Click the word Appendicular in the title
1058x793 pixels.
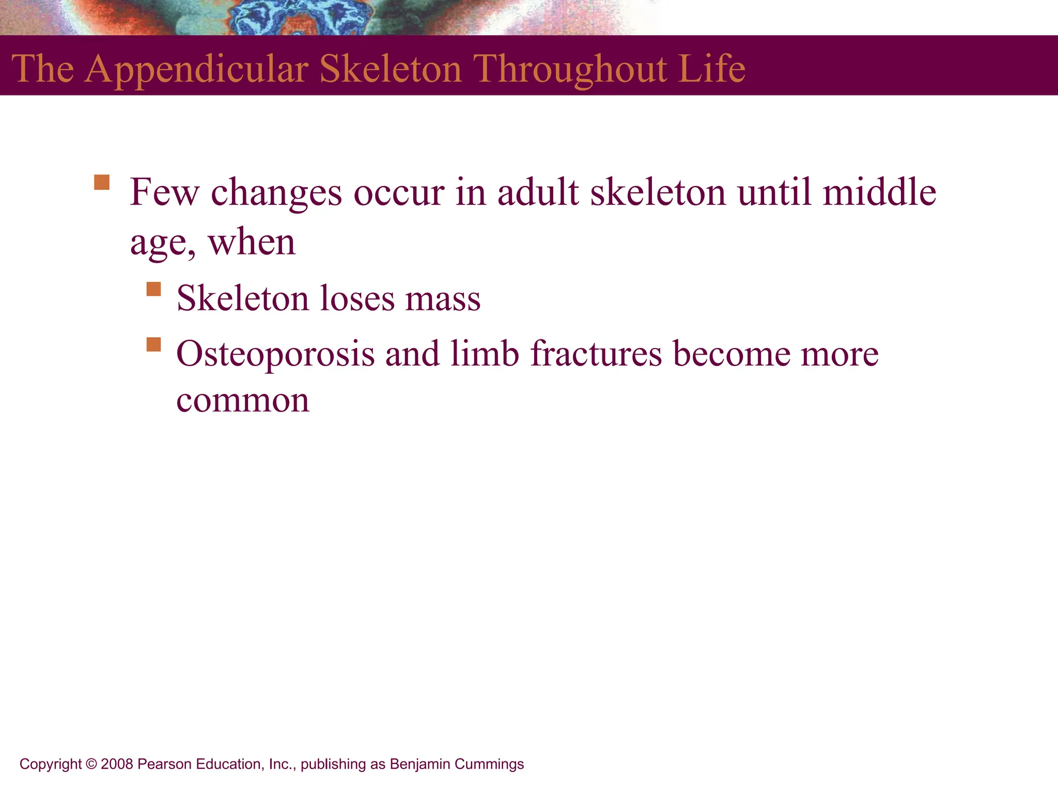point(196,70)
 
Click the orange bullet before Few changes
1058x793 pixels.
point(102,183)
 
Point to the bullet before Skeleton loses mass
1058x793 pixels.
point(153,289)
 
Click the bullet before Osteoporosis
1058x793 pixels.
point(153,344)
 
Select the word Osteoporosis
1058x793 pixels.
point(275,355)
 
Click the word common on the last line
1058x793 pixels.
point(243,401)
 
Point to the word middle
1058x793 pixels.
point(879,192)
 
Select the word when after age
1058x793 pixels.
point(252,242)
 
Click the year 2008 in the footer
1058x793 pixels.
point(117,764)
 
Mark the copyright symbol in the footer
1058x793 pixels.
point(91,764)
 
